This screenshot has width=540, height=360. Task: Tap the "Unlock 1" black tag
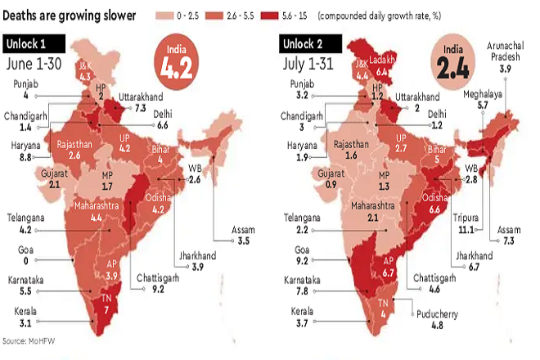tap(29, 44)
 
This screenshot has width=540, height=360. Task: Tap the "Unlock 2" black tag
tap(303, 44)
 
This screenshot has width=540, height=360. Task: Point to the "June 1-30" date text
tap(36, 64)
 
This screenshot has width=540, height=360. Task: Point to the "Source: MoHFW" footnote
tap(31, 341)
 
